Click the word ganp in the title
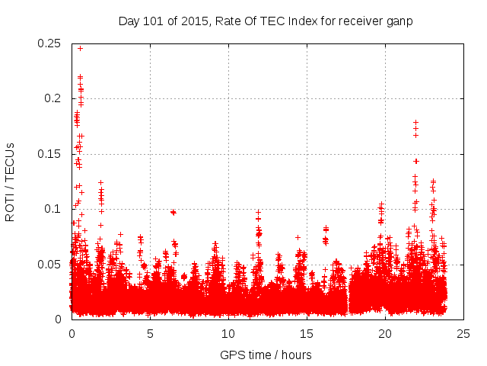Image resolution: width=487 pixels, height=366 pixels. (398, 21)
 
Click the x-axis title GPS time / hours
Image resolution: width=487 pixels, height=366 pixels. (266, 355)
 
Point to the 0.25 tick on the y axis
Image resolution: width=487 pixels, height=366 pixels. (49, 43)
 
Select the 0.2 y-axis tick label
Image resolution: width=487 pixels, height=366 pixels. (53, 98)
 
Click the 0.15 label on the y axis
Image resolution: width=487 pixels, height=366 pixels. (49, 154)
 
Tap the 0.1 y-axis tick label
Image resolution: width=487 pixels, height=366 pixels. (53, 209)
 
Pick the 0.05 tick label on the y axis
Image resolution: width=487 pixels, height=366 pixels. (49, 265)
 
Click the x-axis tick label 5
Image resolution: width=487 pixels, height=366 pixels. (150, 333)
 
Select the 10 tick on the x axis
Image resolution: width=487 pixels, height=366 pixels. (228, 333)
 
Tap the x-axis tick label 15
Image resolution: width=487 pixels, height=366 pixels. (307, 333)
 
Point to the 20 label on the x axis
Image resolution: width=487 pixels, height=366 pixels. (385, 333)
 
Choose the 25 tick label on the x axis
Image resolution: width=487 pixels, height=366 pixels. (463, 333)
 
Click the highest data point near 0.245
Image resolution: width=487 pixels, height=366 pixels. (80, 48)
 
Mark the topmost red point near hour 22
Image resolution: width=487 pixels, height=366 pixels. (415, 122)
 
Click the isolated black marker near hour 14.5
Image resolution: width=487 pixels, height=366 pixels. (298, 237)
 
